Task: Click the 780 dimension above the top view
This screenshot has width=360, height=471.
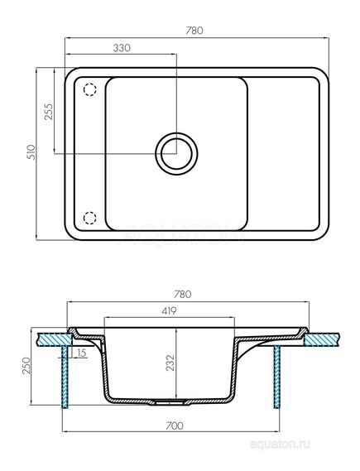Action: click(196, 30)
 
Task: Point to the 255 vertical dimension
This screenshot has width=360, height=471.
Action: click(48, 112)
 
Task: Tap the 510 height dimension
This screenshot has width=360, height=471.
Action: click(31, 153)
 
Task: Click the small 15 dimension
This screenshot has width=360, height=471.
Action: click(81, 353)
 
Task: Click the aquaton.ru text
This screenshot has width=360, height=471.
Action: click(327, 445)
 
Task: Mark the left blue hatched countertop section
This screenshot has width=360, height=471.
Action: click(55, 338)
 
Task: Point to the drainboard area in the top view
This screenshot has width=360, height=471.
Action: click(281, 153)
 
